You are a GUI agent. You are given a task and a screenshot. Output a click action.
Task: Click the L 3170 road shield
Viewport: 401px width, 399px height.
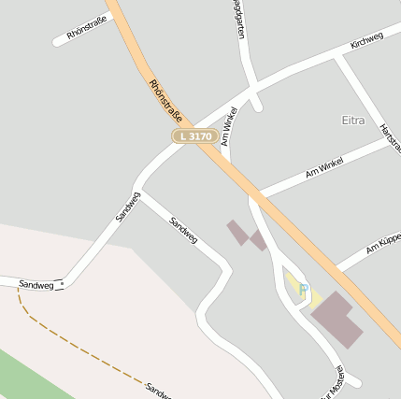[195, 136]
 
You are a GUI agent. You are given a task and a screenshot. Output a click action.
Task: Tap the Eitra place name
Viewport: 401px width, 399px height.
[353, 121]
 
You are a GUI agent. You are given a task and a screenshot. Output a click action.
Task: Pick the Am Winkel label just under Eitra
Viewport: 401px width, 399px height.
[324, 168]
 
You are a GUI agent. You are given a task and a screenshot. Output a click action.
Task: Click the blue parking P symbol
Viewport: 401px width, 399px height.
[303, 289]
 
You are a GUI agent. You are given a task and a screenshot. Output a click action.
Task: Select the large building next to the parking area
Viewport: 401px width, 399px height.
[337, 320]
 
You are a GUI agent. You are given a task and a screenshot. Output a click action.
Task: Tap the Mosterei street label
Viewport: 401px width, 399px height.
[333, 383]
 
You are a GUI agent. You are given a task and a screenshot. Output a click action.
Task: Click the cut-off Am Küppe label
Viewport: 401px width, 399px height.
[383, 245]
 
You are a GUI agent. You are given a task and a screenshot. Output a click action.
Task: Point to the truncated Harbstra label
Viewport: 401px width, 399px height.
[390, 138]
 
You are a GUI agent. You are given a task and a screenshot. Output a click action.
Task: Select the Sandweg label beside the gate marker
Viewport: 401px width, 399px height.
[36, 283]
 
